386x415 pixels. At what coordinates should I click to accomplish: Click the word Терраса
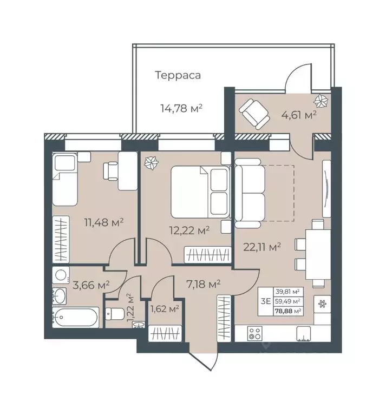tap(178, 75)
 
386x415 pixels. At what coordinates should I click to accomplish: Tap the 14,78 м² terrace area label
tap(180, 108)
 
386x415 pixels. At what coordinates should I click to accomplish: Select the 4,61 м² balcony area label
tap(298, 115)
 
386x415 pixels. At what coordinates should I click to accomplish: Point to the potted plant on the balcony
tap(320, 100)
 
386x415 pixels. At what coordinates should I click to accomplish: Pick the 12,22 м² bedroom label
tap(188, 230)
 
